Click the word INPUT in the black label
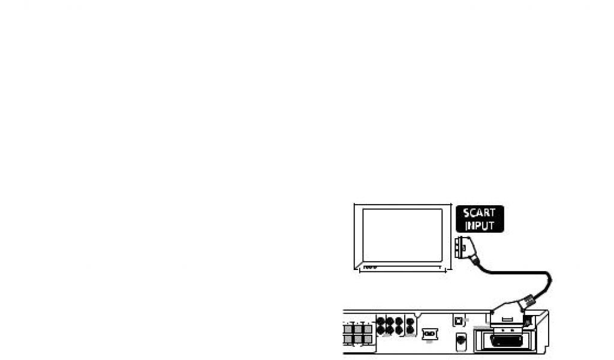tap(479, 226)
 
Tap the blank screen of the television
tap(402, 235)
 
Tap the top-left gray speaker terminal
tap(348, 328)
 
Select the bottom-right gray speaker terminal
tap(368, 340)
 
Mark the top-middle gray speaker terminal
tap(358, 328)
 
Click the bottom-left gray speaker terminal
tap(348, 340)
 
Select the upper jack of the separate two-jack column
tap(410, 321)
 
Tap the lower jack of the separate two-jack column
tap(410, 330)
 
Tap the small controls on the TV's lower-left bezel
tap(370, 266)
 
